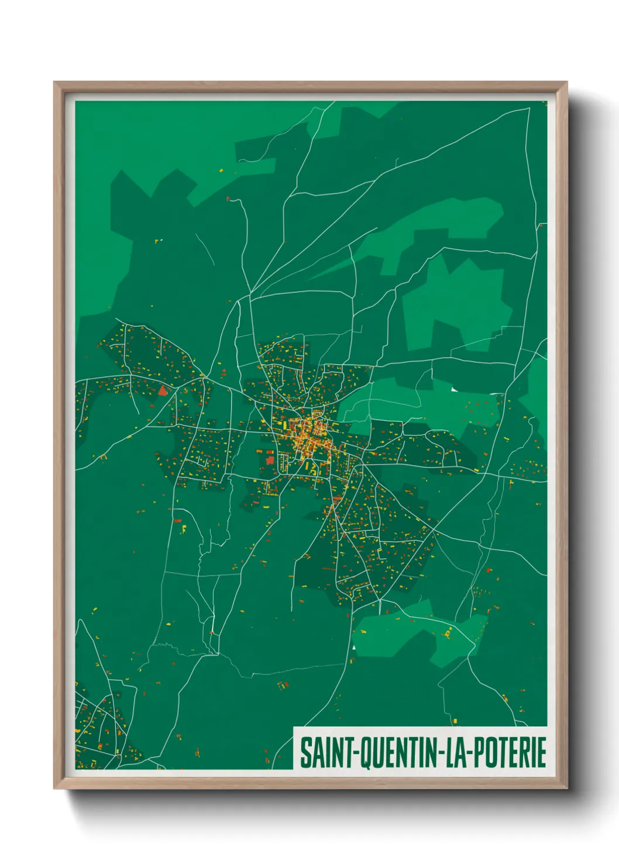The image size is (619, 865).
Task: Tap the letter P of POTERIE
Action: tap(476, 752)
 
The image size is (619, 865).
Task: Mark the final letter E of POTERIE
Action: tap(541, 752)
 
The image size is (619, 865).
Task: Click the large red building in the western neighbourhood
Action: tap(162, 390)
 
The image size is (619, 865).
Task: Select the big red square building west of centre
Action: tap(270, 459)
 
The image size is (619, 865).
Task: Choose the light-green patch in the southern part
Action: tap(410, 634)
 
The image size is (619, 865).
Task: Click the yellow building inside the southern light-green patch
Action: tap(449, 632)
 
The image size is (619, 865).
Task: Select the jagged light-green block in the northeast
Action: tap(456, 304)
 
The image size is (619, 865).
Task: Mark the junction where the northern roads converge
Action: tap(250, 294)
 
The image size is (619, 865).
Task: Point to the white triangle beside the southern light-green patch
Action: tap(353, 647)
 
